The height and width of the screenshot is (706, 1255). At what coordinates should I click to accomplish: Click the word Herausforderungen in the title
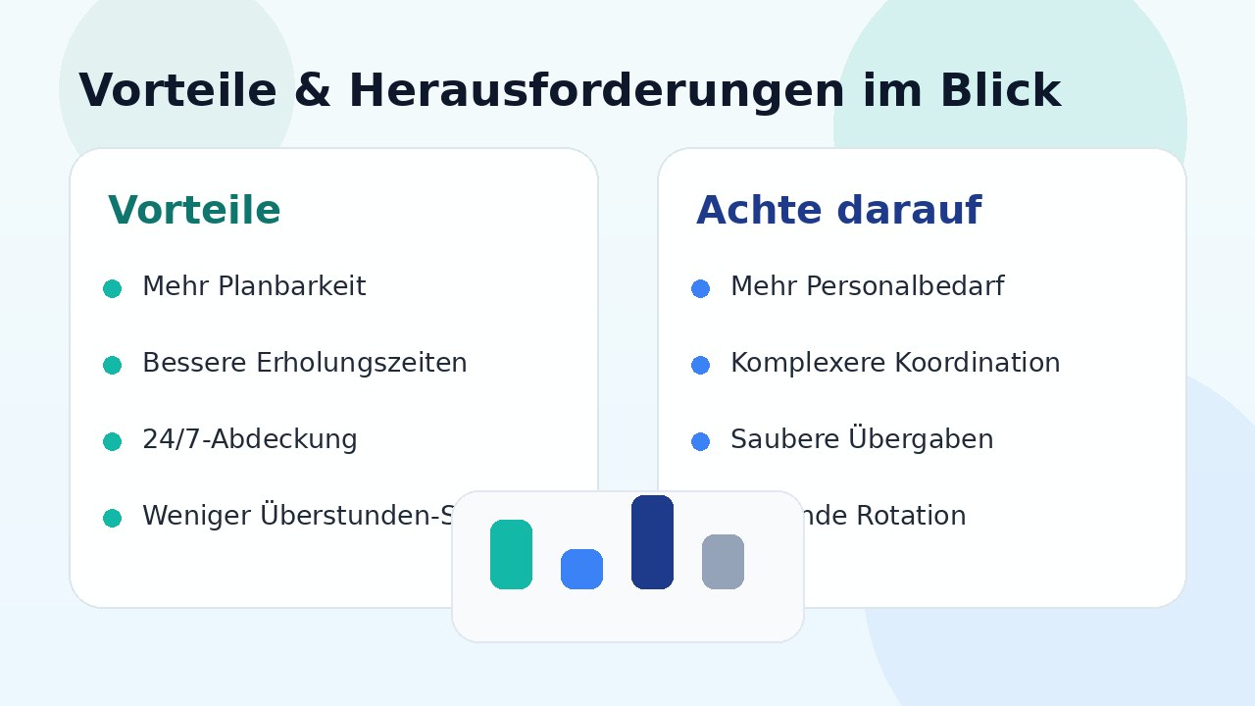click(595, 91)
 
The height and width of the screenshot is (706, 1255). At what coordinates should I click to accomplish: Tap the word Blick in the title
click(999, 91)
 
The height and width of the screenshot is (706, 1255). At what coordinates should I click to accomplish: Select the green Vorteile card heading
click(194, 211)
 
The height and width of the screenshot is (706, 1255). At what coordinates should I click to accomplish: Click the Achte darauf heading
click(838, 211)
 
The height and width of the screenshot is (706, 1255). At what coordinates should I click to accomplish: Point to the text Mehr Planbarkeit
click(254, 287)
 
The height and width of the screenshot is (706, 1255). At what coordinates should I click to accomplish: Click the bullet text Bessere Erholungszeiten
click(304, 364)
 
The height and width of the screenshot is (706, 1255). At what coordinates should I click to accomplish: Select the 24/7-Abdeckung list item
click(249, 440)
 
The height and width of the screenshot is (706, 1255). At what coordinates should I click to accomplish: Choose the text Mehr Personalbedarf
click(867, 287)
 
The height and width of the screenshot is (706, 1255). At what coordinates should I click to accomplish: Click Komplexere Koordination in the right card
click(894, 364)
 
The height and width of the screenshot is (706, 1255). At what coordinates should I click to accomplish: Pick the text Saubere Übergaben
click(861, 440)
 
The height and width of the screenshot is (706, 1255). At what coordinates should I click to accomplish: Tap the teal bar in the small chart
click(511, 554)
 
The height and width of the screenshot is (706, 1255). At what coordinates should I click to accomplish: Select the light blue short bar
click(581, 569)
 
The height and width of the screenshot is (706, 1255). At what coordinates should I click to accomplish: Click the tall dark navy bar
click(652, 542)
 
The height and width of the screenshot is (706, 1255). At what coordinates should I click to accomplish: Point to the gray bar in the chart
click(723, 562)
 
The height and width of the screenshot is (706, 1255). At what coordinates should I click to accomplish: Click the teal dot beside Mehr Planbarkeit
click(112, 288)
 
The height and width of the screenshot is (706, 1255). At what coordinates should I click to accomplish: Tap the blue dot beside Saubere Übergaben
click(700, 441)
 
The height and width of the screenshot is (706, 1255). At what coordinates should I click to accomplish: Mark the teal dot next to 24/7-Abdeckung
click(112, 441)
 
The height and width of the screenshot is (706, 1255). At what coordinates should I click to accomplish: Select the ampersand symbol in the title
click(313, 91)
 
